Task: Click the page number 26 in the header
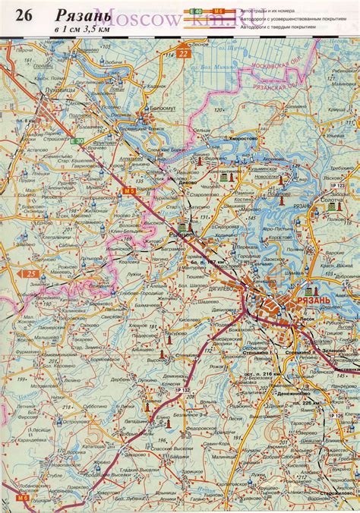(x=23, y=16)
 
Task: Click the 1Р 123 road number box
(x=337, y=185)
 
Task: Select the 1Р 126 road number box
(x=336, y=414)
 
